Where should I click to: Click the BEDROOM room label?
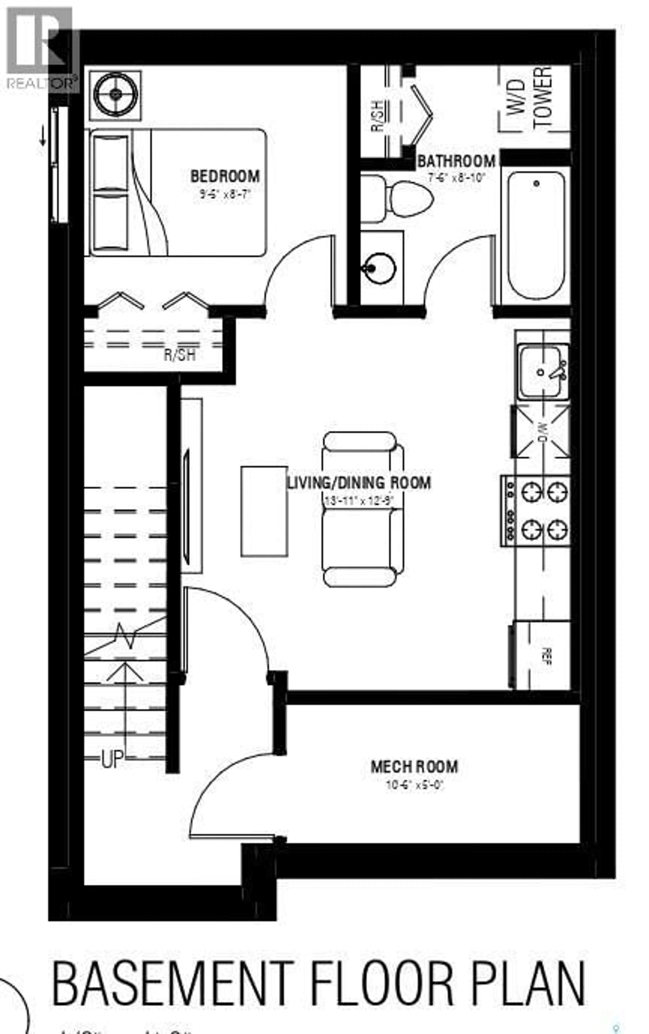225,177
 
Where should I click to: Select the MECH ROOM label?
414,767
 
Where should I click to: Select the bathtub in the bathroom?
536,235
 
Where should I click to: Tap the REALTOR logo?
41,47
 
